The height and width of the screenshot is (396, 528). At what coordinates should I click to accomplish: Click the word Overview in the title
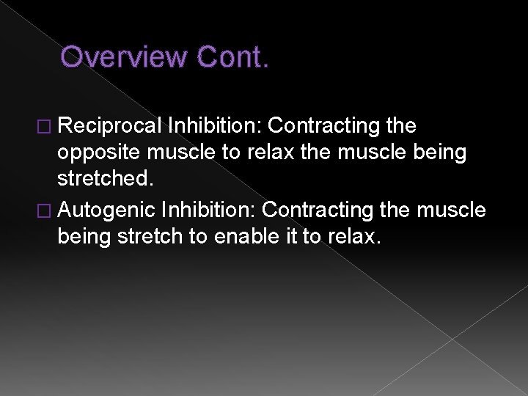122,56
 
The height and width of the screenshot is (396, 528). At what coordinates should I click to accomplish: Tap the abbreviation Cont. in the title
230,56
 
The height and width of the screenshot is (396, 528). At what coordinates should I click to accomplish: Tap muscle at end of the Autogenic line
452,210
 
